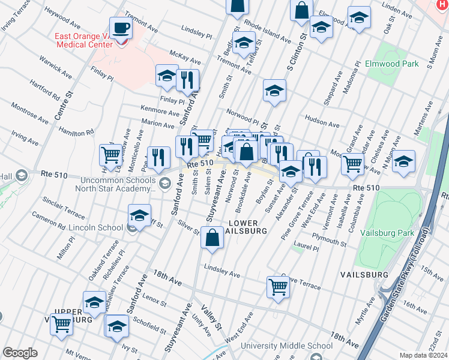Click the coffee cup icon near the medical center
pos(122,28)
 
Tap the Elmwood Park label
pos(391,63)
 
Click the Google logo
pos(19,353)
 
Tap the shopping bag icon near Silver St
pos(212,238)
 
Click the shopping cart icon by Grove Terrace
pos(279,287)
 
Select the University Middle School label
pos(286,346)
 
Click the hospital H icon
pos(442,5)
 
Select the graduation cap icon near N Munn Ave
pos(404,161)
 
